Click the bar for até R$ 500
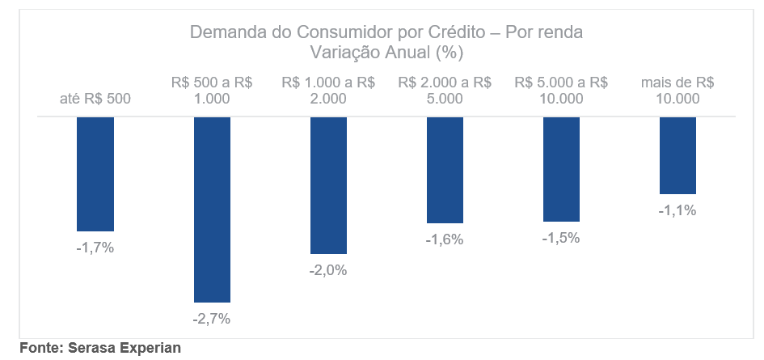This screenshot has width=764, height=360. coord(95,174)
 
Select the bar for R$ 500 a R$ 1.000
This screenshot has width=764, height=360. coord(212,210)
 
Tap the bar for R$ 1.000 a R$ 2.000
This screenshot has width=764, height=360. coord(328,185)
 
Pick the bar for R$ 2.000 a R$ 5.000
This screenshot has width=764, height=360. coord(445,170)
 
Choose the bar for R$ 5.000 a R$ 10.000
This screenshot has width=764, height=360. coord(561,169)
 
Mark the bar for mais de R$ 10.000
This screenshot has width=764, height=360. coord(677,155)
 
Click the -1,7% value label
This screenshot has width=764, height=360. coord(95,248)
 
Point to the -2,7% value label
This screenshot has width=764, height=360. coord(212,319)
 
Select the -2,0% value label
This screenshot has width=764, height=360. coord(328,270)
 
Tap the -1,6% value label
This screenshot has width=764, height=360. coord(445,239)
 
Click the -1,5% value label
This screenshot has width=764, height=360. coord(561,238)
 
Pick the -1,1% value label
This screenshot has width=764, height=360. coord(677,210)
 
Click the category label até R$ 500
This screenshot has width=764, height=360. coord(95,99)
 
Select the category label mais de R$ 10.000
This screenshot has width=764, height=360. coord(677,91)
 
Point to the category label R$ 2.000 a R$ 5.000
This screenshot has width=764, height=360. coord(445,91)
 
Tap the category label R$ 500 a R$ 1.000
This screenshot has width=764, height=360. coord(212,91)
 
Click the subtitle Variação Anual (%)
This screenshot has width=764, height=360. coord(386,53)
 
